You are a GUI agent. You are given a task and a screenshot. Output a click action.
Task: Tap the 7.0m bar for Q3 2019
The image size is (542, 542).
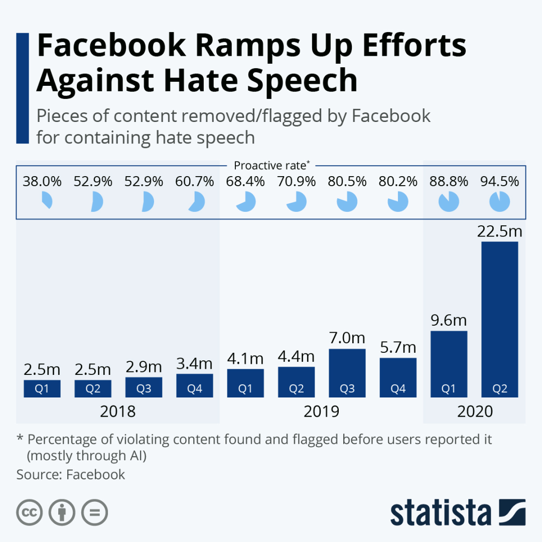pos(347,371)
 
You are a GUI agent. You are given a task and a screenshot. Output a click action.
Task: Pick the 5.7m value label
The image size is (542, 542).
pos(398,347)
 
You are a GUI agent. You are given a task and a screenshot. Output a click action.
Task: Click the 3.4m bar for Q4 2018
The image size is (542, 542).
pos(195,384)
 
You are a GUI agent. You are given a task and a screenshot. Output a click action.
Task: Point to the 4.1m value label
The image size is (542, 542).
pos(245,358)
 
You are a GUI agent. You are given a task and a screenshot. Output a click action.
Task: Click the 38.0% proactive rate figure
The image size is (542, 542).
pos(42,181)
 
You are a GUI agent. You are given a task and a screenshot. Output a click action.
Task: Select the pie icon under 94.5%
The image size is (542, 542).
pos(500,202)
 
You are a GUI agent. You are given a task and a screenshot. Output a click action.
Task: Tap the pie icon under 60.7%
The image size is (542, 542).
pos(195,202)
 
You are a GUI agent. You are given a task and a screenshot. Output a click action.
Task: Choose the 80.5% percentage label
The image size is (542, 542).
pos(347,181)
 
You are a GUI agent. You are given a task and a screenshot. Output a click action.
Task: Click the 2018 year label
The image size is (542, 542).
pos(118,412)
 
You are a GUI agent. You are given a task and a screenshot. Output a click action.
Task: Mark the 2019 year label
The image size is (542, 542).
pos(322,412)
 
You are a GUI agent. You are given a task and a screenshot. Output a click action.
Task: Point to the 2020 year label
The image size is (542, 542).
pos(475,412)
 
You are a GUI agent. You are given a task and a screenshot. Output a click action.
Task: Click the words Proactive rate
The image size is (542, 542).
pos(269,165)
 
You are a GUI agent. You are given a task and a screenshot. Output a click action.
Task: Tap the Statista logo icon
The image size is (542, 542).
pos(512,512)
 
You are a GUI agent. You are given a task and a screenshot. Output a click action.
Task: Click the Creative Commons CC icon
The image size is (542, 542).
pos(30,512)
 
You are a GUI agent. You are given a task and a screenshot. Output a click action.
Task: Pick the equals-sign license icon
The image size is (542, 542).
pos(95,512)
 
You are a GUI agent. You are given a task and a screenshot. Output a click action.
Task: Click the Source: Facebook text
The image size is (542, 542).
pos(71,474)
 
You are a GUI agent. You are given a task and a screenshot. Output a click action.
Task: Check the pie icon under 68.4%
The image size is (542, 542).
pos(246,202)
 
